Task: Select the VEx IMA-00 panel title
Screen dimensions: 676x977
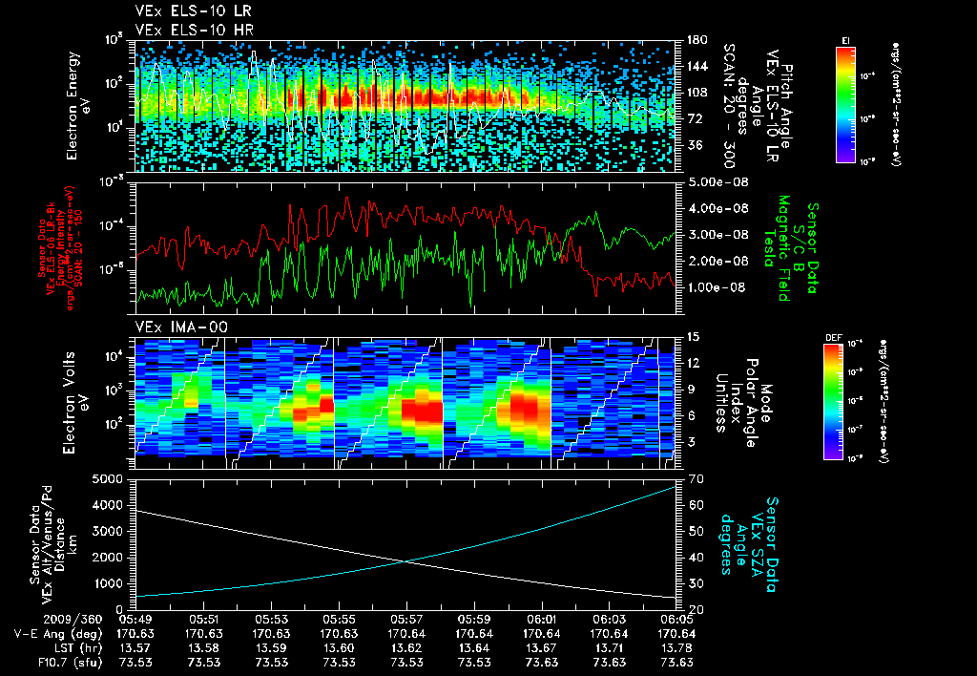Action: (x=169, y=327)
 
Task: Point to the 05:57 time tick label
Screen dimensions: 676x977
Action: (x=407, y=619)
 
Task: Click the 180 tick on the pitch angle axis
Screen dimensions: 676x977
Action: (x=696, y=40)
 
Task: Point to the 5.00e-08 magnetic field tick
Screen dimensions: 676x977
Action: (x=715, y=181)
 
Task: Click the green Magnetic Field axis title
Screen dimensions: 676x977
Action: (x=782, y=248)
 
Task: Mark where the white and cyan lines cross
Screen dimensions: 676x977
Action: (x=408, y=561)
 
